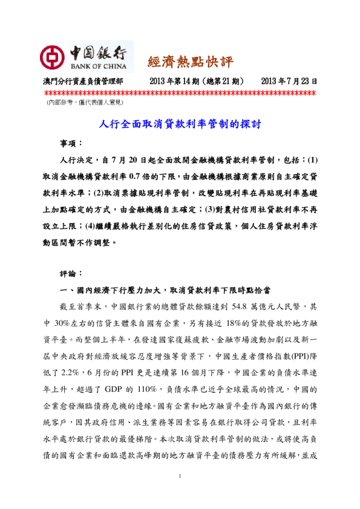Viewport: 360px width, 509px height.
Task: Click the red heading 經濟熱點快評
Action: pos(190,61)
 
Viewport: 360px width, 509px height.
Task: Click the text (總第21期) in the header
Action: pos(223,81)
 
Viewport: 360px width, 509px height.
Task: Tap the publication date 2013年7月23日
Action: pos(290,81)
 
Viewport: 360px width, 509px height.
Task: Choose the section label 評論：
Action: pos(71,273)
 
